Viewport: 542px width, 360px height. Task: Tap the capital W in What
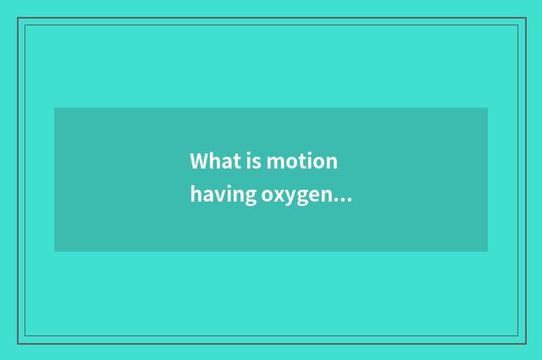(199, 161)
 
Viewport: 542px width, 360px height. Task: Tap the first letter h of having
(196, 195)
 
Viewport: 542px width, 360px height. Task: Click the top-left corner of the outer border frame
(18, 19)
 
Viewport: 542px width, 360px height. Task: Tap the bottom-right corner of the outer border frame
(523, 343)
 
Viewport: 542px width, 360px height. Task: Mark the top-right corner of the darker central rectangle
(487, 108)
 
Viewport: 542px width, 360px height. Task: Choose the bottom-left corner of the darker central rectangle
(54, 251)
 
